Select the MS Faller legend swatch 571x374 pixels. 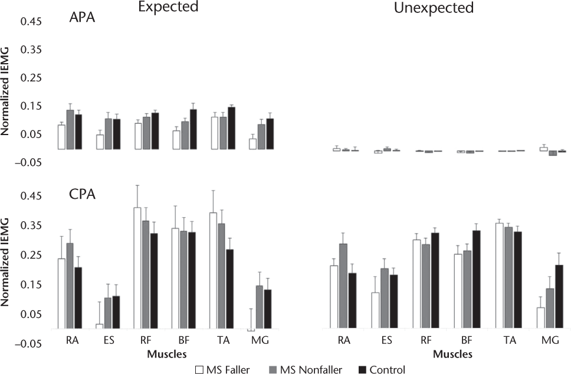pos(199,370)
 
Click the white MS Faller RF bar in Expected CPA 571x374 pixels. pos(137,268)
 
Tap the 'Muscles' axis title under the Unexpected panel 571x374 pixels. pos(452,355)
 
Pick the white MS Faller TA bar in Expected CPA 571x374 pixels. pos(214,271)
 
